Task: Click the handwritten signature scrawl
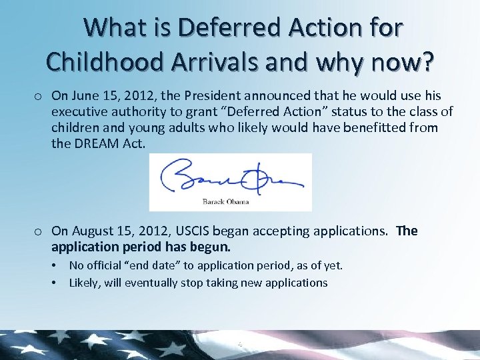click(x=230, y=178)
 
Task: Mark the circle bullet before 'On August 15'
click(x=40, y=232)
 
